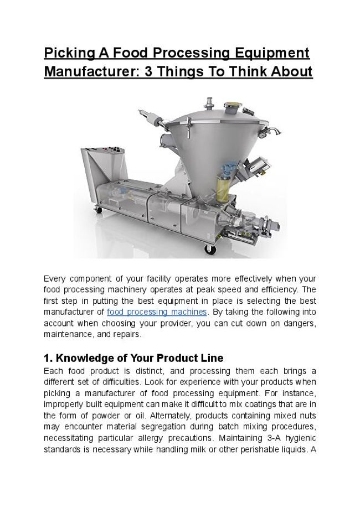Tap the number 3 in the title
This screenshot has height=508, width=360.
(x=151, y=72)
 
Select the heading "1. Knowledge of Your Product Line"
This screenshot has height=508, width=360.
(x=133, y=358)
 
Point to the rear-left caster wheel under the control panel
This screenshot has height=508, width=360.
(x=99, y=209)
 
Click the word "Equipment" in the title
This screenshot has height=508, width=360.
(x=271, y=53)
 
